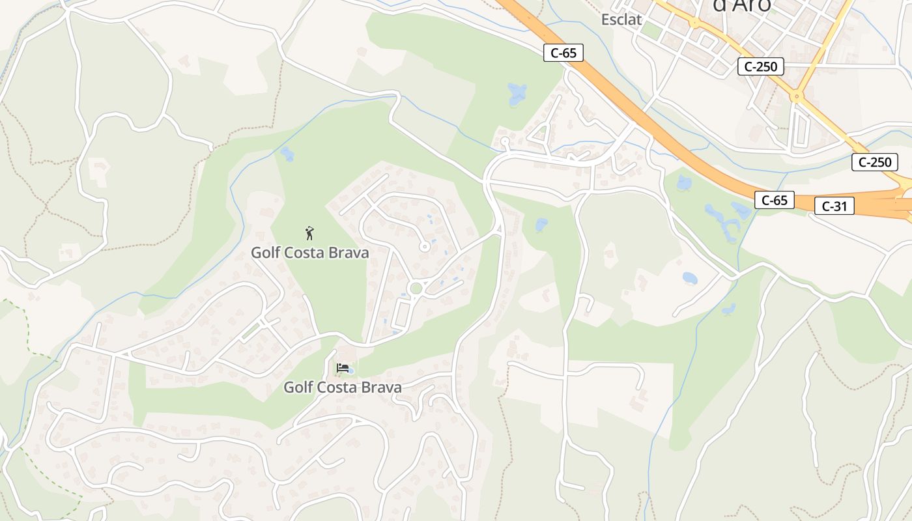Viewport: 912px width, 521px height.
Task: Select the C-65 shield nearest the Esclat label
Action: (x=563, y=53)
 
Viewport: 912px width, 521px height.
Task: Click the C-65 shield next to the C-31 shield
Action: (x=774, y=200)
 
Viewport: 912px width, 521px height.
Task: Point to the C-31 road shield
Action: (x=834, y=206)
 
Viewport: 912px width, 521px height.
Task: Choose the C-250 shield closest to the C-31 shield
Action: (x=874, y=162)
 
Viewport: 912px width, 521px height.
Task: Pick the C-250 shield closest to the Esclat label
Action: (x=760, y=66)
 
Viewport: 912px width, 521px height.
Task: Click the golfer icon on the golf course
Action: (x=309, y=232)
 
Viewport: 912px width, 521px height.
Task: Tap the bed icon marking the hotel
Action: (x=342, y=368)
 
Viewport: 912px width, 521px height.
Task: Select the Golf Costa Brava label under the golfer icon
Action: (x=309, y=253)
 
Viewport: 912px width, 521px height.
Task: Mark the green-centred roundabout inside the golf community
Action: (x=416, y=288)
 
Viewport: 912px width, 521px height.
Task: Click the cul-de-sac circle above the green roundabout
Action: (x=424, y=246)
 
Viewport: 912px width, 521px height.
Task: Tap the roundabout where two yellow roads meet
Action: (x=795, y=96)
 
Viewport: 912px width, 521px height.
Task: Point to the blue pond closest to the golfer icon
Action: (x=287, y=154)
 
